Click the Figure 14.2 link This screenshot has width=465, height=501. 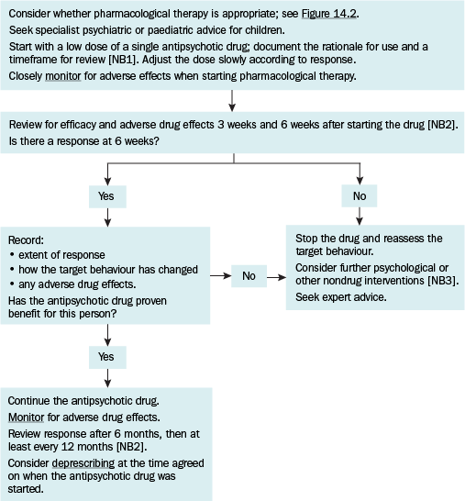[329, 14]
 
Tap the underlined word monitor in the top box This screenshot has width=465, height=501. [63, 76]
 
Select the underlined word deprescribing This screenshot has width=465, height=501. [83, 463]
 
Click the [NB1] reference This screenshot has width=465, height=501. [123, 60]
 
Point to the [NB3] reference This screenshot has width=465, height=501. [443, 281]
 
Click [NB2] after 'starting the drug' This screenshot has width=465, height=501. [443, 125]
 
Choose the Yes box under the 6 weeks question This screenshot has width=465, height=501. [107, 196]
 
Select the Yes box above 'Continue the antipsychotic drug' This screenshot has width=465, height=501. [107, 357]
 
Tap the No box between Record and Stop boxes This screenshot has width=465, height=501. [249, 276]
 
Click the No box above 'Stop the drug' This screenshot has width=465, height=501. [360, 195]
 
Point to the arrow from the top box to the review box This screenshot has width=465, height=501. [232, 101]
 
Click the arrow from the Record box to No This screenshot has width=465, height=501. [221, 276]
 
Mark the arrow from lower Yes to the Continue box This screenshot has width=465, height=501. [107, 378]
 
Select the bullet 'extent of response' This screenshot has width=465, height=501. [58, 255]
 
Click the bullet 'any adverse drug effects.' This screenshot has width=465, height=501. [72, 284]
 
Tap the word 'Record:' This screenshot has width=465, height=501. [26, 240]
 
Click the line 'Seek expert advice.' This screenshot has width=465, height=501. [341, 297]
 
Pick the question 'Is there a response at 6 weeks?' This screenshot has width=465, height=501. [83, 141]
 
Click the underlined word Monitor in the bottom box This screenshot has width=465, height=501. [26, 417]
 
